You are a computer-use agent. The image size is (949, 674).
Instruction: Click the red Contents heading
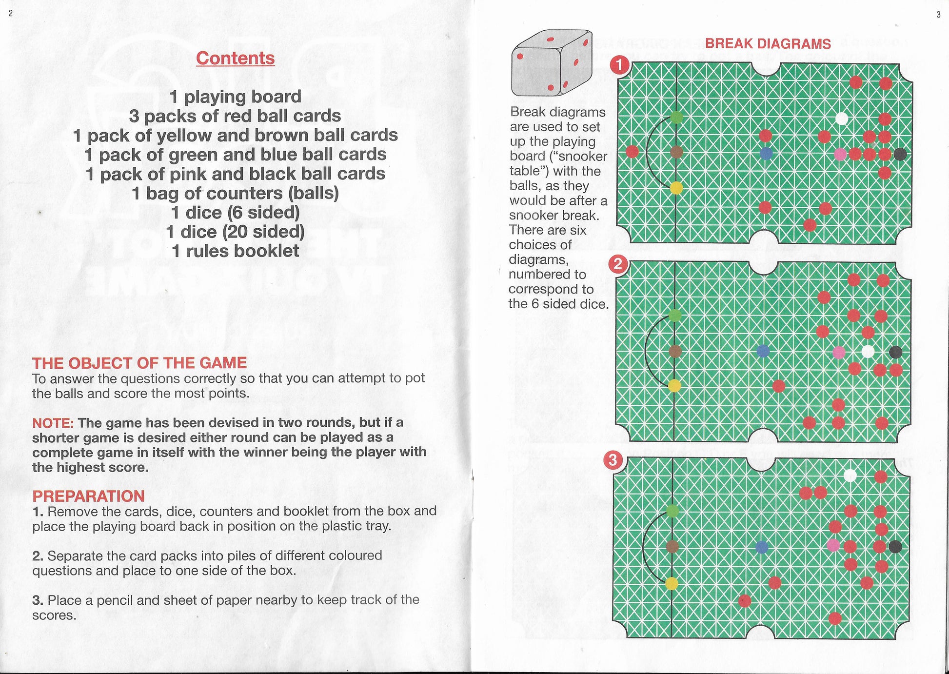pos(235,58)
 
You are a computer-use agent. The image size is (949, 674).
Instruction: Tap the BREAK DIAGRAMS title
pos(768,43)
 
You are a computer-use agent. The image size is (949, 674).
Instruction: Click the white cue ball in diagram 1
pos(841,119)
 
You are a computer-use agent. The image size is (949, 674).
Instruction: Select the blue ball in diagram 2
pos(763,351)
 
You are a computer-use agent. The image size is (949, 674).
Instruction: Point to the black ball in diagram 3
pos(895,546)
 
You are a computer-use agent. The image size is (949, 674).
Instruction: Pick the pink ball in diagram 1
pos(840,155)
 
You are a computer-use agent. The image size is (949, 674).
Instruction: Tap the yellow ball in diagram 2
pos(674,386)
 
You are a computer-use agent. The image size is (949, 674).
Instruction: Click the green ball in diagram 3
pos(672,511)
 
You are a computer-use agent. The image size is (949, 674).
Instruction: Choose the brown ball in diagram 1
pos(676,152)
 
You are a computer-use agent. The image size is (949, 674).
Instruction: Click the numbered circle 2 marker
pos(618,264)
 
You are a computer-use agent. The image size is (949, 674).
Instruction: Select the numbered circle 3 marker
pos(613,460)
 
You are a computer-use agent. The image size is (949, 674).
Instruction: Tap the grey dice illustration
pos(551,63)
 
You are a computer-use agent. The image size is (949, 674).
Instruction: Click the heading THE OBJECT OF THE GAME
pos(139,363)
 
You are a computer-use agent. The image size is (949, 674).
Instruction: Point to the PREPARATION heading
pos(88,496)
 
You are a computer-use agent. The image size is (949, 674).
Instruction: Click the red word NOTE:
pos(53,422)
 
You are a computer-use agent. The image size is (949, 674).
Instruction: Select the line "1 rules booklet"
pos(235,251)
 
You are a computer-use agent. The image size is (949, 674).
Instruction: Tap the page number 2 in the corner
pos(11,13)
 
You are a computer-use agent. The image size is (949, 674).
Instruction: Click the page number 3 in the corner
pos(938,15)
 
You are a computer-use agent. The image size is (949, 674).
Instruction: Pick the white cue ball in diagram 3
pos(850,476)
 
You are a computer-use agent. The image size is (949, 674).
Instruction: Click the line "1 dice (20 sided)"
pos(235,232)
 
